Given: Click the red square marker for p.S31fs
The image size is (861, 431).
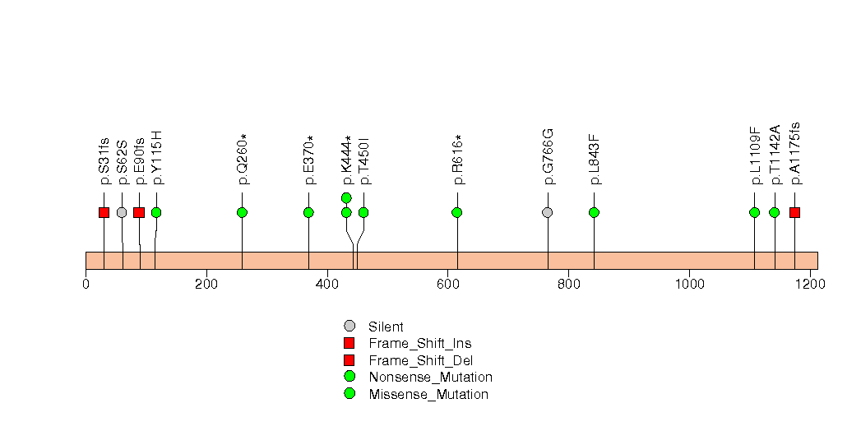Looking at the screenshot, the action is pyautogui.click(x=104, y=212).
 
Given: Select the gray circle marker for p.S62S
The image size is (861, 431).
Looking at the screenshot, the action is pyautogui.click(x=122, y=212).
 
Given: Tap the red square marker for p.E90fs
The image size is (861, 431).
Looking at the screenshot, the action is pyautogui.click(x=139, y=212).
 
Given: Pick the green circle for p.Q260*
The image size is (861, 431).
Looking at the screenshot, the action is pyautogui.click(x=242, y=212).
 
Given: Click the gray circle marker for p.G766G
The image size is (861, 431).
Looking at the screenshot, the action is pyautogui.click(x=548, y=212).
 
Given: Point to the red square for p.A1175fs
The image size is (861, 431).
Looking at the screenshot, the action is pyautogui.click(x=794, y=212).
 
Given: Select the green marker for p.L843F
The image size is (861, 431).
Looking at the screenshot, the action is pyautogui.click(x=594, y=212).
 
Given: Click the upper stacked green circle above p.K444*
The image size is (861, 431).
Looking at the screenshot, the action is pyautogui.click(x=346, y=197).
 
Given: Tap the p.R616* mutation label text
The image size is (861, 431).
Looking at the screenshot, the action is pyautogui.click(x=457, y=160).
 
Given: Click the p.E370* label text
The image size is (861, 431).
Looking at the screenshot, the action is pyautogui.click(x=309, y=160).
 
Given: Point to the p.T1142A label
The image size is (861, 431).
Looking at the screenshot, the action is pyautogui.click(x=774, y=155).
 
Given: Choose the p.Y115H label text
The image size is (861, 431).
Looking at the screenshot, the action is pyautogui.click(x=156, y=158).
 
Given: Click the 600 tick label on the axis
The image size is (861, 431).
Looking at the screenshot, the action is pyautogui.click(x=448, y=284).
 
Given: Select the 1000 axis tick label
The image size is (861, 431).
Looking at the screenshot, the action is pyautogui.click(x=690, y=284).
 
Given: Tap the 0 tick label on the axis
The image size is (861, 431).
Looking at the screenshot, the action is pyautogui.click(x=86, y=284).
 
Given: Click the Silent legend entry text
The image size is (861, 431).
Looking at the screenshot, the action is pyautogui.click(x=386, y=327).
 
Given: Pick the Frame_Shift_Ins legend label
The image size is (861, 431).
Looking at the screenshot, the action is pyautogui.click(x=420, y=344).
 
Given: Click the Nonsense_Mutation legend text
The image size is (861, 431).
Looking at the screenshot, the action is pyautogui.click(x=431, y=378).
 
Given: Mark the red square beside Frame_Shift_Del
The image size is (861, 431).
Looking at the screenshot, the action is pyautogui.click(x=349, y=360).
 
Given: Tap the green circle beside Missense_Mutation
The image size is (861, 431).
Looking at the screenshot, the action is pyautogui.click(x=349, y=394).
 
